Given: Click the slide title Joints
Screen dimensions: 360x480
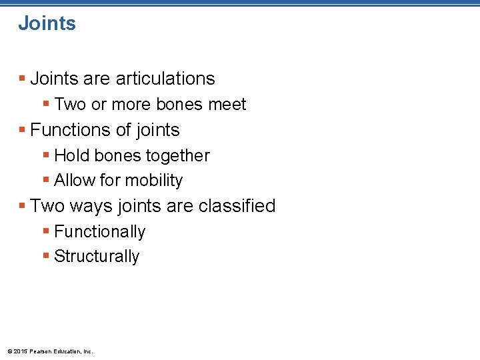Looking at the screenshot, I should pos(47,23).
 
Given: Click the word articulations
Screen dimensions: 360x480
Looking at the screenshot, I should pos(165,79).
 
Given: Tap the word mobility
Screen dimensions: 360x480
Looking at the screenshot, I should pos(153,181).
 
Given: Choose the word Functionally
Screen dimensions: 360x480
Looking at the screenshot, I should pos(99,232).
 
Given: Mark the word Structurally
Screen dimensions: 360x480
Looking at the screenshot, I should pos(97,257).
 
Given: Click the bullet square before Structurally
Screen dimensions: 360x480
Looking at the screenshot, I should pos(45,256).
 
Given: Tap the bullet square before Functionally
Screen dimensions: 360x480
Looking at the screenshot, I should pos(45,231).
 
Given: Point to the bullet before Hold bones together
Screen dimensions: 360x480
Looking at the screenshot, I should pos(45,155).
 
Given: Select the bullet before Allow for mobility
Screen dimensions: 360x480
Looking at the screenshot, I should pos(45,180).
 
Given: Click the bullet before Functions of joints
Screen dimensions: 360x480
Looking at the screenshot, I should pos(23,129).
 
